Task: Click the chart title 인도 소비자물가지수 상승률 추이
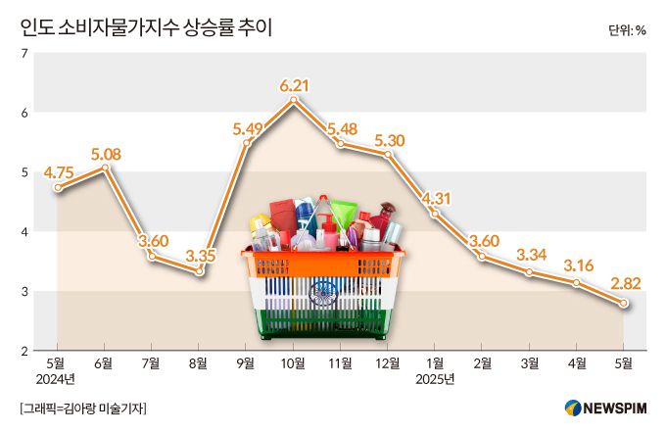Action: pyautogui.click(x=147, y=27)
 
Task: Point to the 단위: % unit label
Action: pyautogui.click(x=626, y=29)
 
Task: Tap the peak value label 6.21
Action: pyautogui.click(x=295, y=85)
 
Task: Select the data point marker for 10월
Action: pyautogui.click(x=295, y=100)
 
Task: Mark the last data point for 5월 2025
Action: pyautogui.click(x=623, y=304)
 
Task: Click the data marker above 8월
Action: pyautogui.click(x=200, y=271)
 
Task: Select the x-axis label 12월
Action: pyautogui.click(x=388, y=362)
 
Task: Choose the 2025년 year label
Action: pyautogui.click(x=436, y=378)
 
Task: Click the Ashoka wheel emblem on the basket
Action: pyautogui.click(x=325, y=292)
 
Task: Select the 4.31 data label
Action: pyautogui.click(x=435, y=200)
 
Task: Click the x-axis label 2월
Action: pyautogui.click(x=482, y=362)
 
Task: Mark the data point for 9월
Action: pyautogui.click(x=248, y=144)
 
